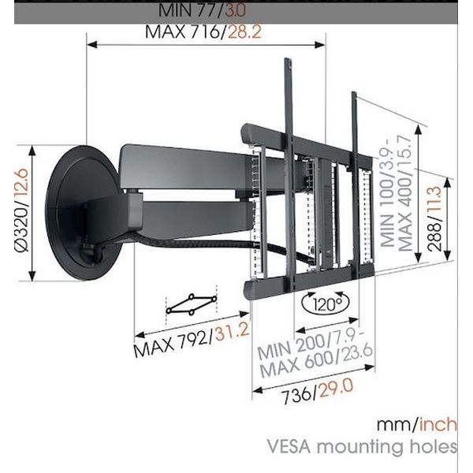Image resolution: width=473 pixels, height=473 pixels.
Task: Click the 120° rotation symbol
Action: pyautogui.click(x=321, y=302)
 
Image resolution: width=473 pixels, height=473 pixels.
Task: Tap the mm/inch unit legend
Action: pyautogui.click(x=415, y=423)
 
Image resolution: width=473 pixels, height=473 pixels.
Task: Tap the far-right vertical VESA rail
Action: pyautogui.click(x=356, y=181)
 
